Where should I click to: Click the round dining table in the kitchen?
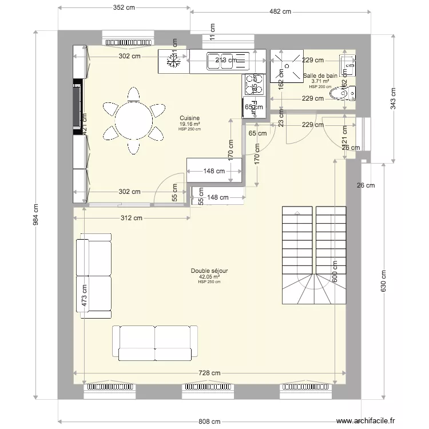(x=133, y=121)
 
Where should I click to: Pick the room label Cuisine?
(x=189, y=118)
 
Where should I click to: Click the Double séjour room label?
(x=209, y=272)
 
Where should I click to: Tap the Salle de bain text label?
(x=320, y=75)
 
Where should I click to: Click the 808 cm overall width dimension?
(x=209, y=422)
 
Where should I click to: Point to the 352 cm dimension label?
(x=124, y=8)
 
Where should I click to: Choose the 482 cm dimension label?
(x=280, y=11)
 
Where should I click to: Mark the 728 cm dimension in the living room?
(x=209, y=373)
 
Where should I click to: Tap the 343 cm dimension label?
(x=393, y=97)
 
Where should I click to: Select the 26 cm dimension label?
(x=366, y=185)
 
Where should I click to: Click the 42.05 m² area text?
(x=209, y=277)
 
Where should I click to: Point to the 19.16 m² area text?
(x=189, y=124)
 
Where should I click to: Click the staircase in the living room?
(x=313, y=256)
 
